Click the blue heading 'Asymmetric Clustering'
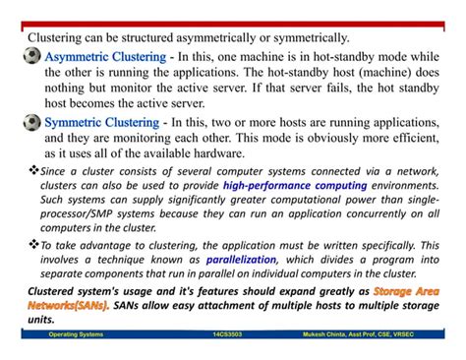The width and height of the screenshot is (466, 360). [x=106, y=57]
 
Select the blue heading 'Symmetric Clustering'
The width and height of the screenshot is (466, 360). [x=102, y=123]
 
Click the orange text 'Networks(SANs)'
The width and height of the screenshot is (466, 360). [x=70, y=306]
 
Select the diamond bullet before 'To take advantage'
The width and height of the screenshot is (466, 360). [x=32, y=244]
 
